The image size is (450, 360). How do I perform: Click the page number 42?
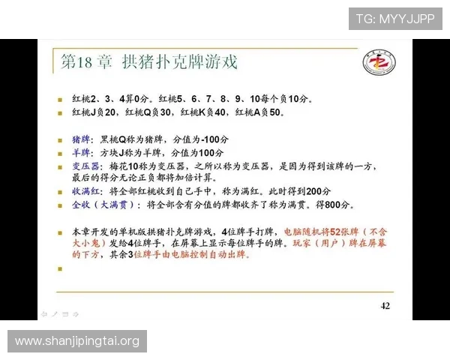point(385,305)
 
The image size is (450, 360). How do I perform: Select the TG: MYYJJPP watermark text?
point(394,19)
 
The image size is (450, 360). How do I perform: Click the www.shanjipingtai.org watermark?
point(77,342)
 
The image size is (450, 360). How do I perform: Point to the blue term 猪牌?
point(81,139)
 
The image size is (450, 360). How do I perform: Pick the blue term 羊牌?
point(81,152)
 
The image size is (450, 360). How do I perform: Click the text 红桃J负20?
point(97,112)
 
